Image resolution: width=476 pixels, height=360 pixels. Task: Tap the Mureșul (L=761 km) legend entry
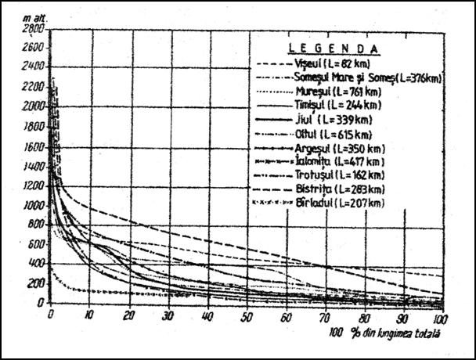click(333, 92)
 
